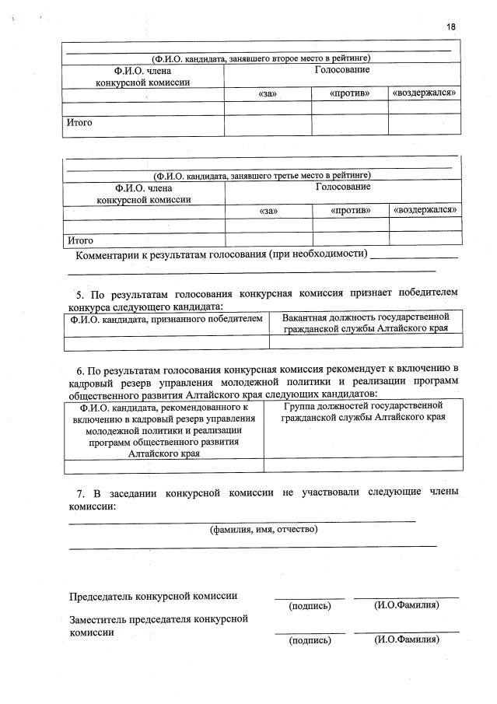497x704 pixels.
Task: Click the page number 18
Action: click(451, 27)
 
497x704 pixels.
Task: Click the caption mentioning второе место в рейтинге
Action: click(261, 58)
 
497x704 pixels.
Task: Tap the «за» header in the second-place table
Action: click(267, 93)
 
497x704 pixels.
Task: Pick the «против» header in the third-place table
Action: click(350, 210)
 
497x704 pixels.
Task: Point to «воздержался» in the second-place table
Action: click(424, 93)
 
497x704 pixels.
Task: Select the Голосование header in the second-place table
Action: click(341, 71)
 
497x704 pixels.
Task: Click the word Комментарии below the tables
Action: click(107, 255)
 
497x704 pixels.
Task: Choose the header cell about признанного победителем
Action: click(166, 319)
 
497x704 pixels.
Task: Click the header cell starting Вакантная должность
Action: click(366, 324)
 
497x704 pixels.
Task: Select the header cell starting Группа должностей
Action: click(363, 412)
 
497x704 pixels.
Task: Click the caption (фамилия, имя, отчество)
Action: click(264, 530)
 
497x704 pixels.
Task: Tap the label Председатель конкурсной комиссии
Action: click(153, 597)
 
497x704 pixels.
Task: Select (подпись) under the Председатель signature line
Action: click(310, 605)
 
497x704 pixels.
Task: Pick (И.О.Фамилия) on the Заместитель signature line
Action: click(407, 639)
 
